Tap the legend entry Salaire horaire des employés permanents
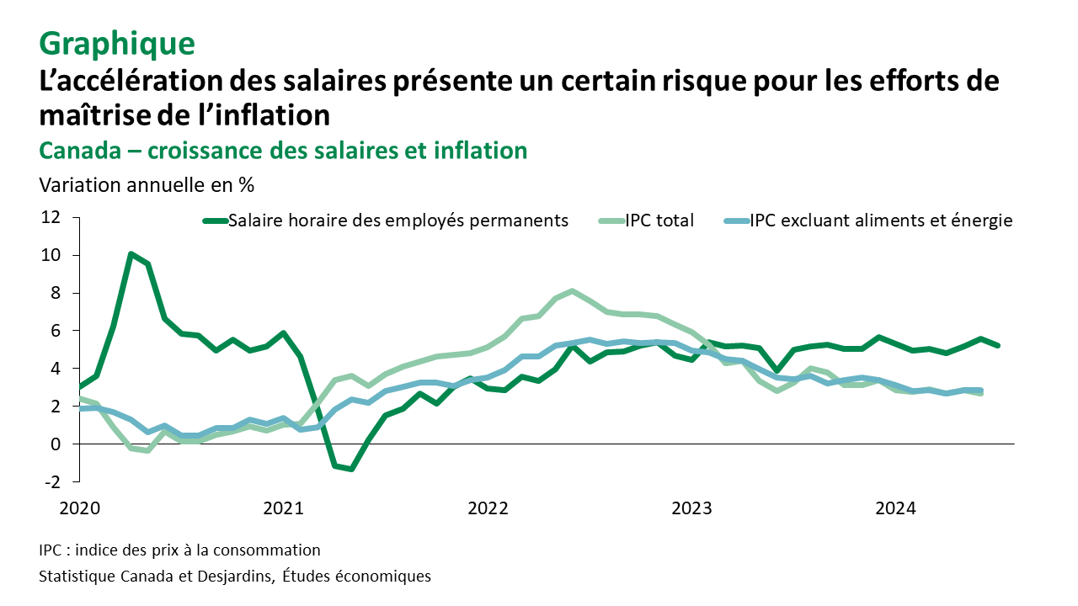tap(398, 221)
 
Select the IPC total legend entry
tap(659, 221)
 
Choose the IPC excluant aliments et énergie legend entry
tap(881, 221)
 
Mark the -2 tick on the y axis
tap(52, 481)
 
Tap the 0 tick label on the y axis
tap(56, 444)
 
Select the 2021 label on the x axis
tap(284, 508)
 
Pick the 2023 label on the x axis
tap(691, 508)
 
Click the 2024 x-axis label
tap(895, 508)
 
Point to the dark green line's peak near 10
tap(131, 253)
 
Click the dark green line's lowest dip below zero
tap(350, 469)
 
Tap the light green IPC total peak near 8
tap(572, 291)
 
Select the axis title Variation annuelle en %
tap(147, 183)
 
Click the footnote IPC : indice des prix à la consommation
tap(179, 550)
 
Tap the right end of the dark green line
tap(999, 345)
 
